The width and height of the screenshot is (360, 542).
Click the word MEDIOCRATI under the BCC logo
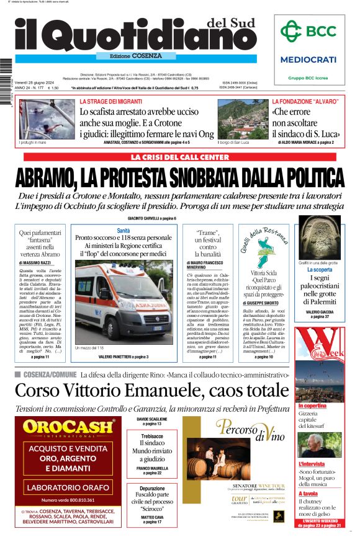308,60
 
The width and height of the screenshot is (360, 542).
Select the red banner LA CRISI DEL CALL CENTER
179,158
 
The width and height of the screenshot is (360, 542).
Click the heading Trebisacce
152,437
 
